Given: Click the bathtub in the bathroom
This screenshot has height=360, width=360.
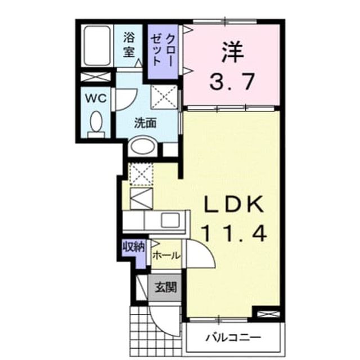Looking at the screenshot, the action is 97,46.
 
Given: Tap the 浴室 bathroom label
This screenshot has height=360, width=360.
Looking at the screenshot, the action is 129,44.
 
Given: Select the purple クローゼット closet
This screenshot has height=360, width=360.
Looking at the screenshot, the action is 163,51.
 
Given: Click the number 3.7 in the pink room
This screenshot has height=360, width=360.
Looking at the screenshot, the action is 232,82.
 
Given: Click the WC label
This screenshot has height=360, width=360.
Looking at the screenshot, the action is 96,99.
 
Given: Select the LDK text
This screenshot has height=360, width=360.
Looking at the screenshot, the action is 234,204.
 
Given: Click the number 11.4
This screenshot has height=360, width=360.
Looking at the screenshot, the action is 234,233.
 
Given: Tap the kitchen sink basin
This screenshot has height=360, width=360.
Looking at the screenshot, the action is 170,220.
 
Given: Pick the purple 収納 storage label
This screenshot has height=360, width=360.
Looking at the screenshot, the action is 134,247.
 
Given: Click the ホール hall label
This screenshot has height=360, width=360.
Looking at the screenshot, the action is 166,255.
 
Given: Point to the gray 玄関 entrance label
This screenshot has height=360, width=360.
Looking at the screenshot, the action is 166,287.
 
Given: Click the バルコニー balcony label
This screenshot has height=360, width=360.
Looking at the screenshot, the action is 233,337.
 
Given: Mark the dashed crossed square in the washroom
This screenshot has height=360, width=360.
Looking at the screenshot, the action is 164,97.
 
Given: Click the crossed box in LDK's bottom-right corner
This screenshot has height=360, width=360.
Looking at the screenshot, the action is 268,314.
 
